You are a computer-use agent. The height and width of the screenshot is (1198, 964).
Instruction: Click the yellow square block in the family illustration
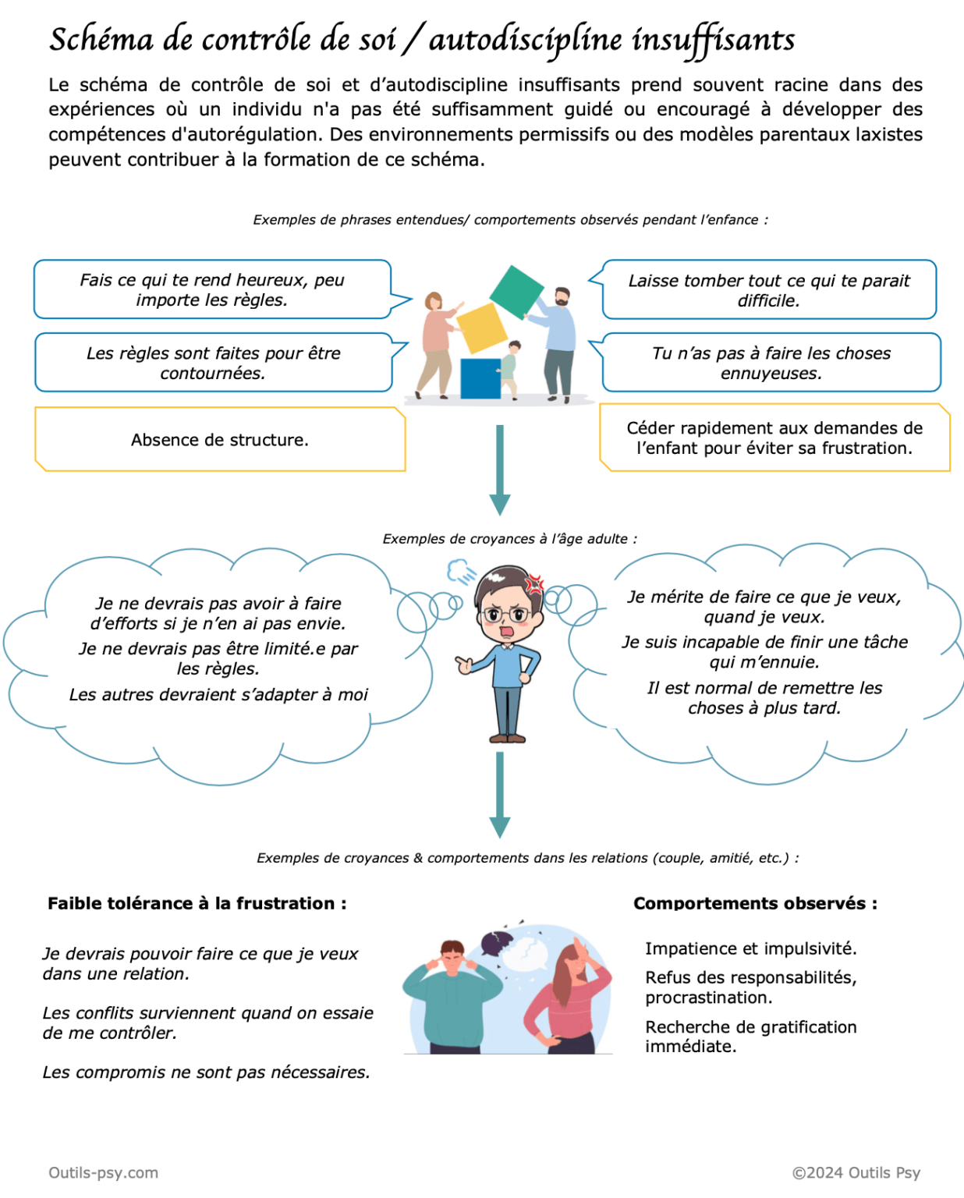(x=482, y=328)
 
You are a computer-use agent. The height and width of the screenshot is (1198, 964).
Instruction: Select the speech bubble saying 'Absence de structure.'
(x=220, y=440)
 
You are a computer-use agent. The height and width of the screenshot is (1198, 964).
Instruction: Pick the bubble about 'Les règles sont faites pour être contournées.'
(x=213, y=363)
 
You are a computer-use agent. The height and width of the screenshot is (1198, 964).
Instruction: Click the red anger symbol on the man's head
(x=534, y=583)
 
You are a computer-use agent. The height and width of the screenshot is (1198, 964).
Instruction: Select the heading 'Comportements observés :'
(x=755, y=903)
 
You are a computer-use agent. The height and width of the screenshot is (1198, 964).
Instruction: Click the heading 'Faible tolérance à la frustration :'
(x=197, y=903)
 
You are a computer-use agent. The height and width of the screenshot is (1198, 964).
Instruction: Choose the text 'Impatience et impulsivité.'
(x=750, y=948)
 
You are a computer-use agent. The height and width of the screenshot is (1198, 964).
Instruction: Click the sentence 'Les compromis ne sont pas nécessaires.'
(x=206, y=1072)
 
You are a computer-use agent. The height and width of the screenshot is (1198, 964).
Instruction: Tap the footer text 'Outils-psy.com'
(x=103, y=1172)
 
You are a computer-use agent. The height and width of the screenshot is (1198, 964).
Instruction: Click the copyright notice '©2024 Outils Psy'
(x=856, y=1172)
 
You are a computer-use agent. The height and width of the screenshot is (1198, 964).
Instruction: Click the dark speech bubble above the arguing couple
(x=495, y=942)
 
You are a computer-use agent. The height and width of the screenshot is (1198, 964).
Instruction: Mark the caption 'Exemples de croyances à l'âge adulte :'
(x=509, y=539)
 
